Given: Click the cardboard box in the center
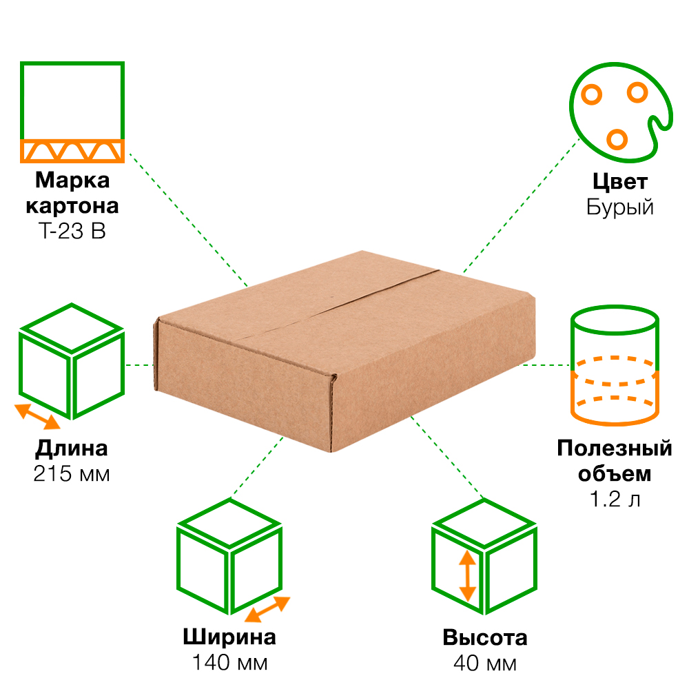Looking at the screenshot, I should click(x=344, y=351).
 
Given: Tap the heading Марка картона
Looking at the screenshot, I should click(x=72, y=194).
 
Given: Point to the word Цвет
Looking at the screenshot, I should click(x=620, y=182).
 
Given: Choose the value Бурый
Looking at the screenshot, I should click(x=620, y=207).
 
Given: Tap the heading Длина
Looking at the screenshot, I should click(x=72, y=449).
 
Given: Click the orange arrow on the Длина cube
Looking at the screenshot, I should click(x=38, y=416).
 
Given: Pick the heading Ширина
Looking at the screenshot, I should click(x=229, y=637).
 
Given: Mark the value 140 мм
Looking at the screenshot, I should click(x=229, y=663).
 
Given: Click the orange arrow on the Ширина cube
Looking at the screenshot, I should click(x=267, y=609).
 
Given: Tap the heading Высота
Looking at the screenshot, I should click(x=485, y=637).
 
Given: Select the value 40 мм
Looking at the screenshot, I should click(x=485, y=663).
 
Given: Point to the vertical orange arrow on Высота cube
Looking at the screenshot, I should click(x=468, y=576).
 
